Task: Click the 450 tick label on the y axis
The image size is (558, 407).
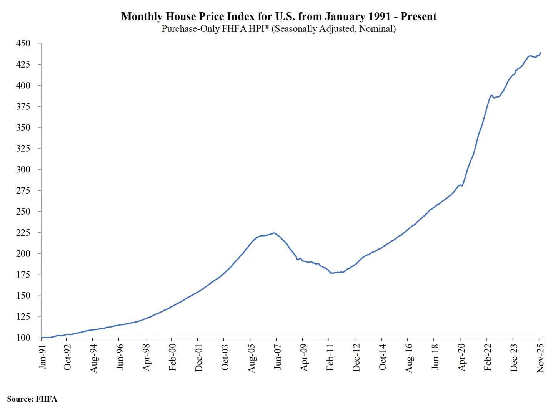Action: click(x=23, y=43)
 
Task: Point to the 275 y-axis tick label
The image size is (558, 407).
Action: click(x=23, y=190)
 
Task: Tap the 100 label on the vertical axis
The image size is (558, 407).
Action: click(x=23, y=338)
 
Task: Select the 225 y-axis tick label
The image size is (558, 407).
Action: click(x=23, y=233)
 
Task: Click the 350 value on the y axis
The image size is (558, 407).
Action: click(x=23, y=127)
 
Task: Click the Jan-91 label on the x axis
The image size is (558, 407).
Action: click(x=42, y=357)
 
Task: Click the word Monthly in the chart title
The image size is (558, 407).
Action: click(x=142, y=17)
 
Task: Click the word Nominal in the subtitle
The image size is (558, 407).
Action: click(x=376, y=29)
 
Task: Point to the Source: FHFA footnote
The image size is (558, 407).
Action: click(x=32, y=399)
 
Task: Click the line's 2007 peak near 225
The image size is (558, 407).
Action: click(x=274, y=233)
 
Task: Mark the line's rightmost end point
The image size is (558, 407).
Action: click(x=541, y=53)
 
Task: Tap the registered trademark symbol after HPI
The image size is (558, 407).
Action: click(x=267, y=27)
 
